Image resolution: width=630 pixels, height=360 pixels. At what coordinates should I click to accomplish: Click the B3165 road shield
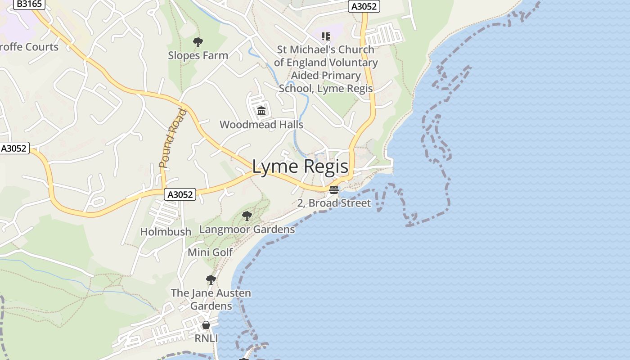coord(29,4)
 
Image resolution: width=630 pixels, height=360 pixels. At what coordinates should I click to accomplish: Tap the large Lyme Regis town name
coord(300,166)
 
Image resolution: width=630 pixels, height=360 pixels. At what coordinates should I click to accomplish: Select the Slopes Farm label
coord(198,55)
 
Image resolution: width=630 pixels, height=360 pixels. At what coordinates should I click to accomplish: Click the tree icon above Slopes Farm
coord(198,42)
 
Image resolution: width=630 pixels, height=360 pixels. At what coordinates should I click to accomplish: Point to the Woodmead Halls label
coord(261,125)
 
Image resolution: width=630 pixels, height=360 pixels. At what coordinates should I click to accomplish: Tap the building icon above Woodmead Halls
coord(261,111)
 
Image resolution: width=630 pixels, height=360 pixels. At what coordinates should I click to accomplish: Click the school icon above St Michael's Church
coord(326,36)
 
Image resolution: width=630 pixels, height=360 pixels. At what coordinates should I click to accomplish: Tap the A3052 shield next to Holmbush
coord(180,194)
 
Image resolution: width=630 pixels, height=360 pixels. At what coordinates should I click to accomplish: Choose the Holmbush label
coord(166,232)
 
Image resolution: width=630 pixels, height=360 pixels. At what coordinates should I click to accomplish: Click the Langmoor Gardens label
coord(247,229)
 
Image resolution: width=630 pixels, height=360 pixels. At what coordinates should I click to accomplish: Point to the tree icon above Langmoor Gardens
coord(247,216)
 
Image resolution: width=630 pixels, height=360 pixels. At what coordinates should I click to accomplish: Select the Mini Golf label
coord(210,252)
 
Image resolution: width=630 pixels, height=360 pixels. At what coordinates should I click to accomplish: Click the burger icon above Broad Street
coord(333,189)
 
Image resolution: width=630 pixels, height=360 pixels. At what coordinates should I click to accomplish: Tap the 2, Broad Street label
coord(334,203)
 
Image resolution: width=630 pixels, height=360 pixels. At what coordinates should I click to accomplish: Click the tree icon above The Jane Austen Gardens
coord(211,280)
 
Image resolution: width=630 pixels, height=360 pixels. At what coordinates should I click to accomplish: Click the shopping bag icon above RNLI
coord(206,325)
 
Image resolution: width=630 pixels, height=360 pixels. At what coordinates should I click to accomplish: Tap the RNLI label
coord(206,338)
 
